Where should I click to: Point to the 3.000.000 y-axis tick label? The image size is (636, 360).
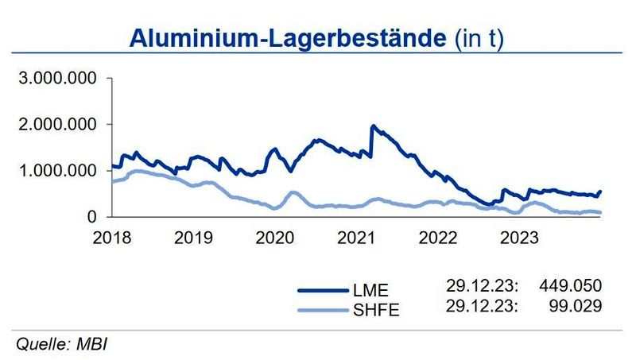(58, 79)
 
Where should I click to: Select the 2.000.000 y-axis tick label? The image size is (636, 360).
(58, 125)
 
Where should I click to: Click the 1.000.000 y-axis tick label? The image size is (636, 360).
(58, 171)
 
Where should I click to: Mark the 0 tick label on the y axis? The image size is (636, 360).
(93, 217)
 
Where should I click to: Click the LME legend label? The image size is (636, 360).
(373, 291)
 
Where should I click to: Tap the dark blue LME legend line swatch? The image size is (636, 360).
(322, 291)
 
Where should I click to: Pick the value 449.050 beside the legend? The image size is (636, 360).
(569, 285)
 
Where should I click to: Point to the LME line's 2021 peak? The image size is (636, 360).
(373, 126)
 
